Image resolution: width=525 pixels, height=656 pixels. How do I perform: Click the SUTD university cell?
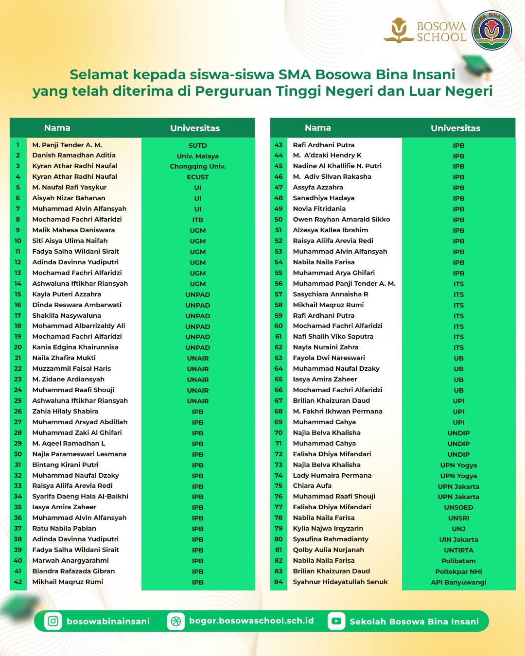(198, 145)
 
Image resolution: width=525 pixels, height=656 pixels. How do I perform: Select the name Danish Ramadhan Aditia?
(74, 155)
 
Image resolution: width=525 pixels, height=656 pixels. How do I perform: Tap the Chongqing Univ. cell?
(198, 166)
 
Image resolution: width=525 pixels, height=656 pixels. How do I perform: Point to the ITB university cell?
(198, 220)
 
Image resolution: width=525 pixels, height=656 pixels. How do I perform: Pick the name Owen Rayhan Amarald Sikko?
(341, 220)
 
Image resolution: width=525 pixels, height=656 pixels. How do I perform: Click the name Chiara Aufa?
(312, 486)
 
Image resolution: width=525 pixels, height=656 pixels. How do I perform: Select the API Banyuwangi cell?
(458, 582)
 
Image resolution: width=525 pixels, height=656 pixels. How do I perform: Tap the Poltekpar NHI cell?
(458, 571)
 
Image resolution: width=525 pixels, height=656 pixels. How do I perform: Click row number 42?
(18, 582)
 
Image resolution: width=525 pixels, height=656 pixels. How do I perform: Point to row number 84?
(279, 582)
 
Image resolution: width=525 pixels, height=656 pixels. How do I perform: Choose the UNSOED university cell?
(458, 507)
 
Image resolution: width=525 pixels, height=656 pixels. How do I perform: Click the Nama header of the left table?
(57, 128)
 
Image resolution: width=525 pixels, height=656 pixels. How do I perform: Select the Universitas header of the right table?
(455, 128)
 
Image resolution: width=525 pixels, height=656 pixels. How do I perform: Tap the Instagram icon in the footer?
(53, 621)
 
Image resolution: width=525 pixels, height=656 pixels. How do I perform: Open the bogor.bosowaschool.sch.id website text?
(251, 621)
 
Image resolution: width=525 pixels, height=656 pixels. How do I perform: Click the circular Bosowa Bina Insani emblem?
(492, 31)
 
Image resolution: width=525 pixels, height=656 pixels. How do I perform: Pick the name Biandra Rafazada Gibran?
(73, 571)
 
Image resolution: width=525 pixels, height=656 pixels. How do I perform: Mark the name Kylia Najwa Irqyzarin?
(328, 529)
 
